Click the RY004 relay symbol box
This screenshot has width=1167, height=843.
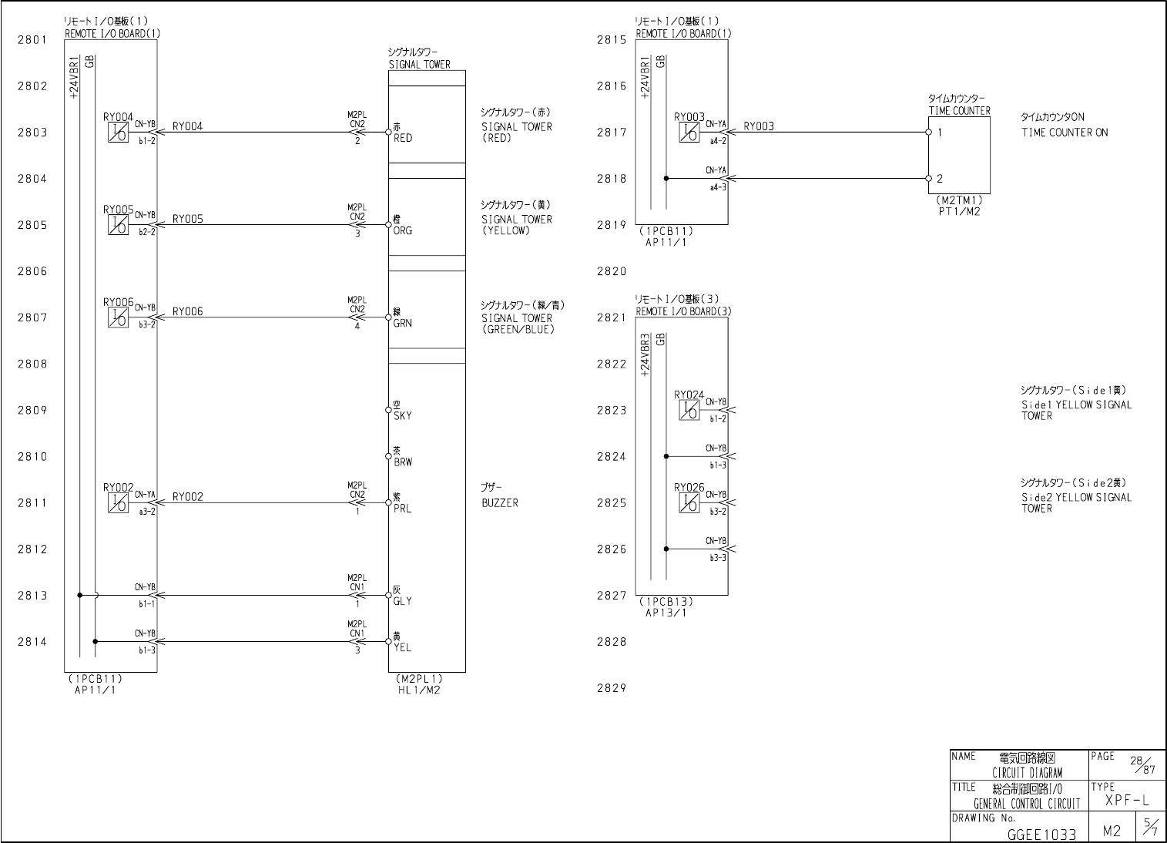pyautogui.click(x=118, y=133)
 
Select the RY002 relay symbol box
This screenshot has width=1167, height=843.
pyautogui.click(x=118, y=503)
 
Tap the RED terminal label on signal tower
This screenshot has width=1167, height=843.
pyautogui.click(x=402, y=139)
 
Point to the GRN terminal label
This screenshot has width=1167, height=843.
pyautogui.click(x=402, y=324)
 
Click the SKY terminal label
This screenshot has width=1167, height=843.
pyautogui.click(x=402, y=416)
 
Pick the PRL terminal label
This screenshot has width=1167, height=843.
pyautogui.click(x=402, y=509)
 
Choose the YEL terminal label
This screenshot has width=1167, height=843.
pyautogui.click(x=402, y=648)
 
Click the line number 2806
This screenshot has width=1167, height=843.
pyautogui.click(x=32, y=271)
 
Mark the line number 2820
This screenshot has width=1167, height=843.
pyautogui.click(x=612, y=271)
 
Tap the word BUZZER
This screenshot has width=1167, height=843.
pyautogui.click(x=500, y=503)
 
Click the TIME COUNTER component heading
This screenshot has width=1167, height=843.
pyautogui.click(x=959, y=111)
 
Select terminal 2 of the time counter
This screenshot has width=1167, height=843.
pyautogui.click(x=940, y=179)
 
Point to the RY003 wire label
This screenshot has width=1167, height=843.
pyautogui.click(x=759, y=126)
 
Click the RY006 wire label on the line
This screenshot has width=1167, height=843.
pyautogui.click(x=188, y=311)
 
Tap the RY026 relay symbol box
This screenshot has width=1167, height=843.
pyautogui.click(x=689, y=503)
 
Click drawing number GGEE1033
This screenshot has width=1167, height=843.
pyautogui.click(x=1041, y=835)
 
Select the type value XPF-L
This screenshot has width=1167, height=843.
pyautogui.click(x=1126, y=801)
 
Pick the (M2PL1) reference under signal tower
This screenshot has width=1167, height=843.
pyautogui.click(x=417, y=679)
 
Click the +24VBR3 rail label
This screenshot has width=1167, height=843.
pyautogui.click(x=645, y=355)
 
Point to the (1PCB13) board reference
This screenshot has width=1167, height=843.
pyautogui.click(x=666, y=602)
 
